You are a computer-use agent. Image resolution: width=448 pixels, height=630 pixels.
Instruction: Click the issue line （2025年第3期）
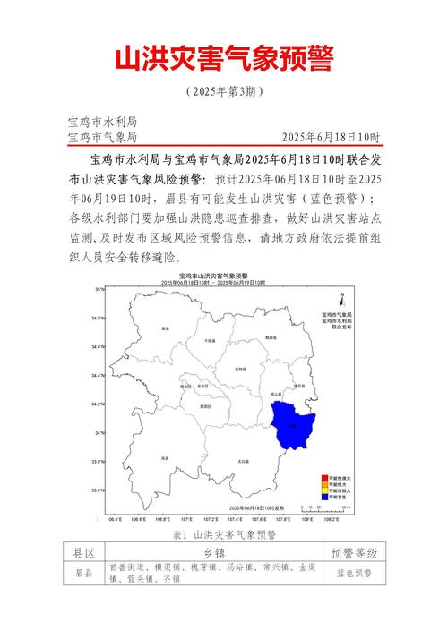click(223, 92)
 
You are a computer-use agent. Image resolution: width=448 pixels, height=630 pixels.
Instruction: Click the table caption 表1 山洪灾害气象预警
click(223, 534)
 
